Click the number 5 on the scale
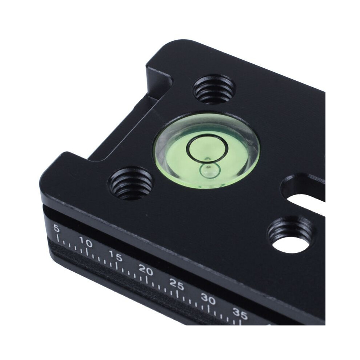(x=56, y=228)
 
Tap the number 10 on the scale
(x=86, y=242)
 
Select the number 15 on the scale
(x=116, y=256)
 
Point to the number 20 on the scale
(x=146, y=270)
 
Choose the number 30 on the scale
(x=208, y=299)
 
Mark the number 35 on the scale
(x=240, y=313)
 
